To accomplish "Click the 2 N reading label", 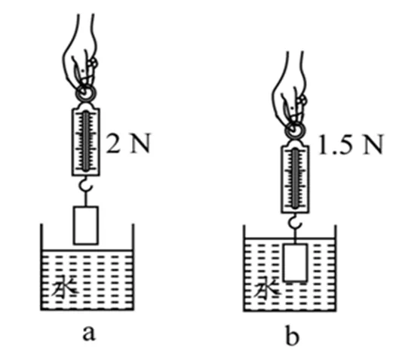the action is pos(128,143).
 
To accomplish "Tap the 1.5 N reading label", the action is pos(351,145).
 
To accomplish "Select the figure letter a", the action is pos(89,333).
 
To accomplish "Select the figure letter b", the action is pos(292,334).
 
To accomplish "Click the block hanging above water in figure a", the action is pos(86,226).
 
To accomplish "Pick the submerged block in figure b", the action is pos(295,263).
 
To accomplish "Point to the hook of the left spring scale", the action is pos(86,186).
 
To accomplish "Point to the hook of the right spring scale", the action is pos(296,223).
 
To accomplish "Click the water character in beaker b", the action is pos(267,287).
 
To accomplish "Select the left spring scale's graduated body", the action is pos(86,142).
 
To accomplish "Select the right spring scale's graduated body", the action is pos(296,179).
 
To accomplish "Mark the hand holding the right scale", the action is pos(289,91).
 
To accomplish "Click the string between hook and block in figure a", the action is pos(86,199).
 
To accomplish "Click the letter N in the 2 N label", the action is pos(140,143).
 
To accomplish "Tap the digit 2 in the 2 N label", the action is pos(113,143).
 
